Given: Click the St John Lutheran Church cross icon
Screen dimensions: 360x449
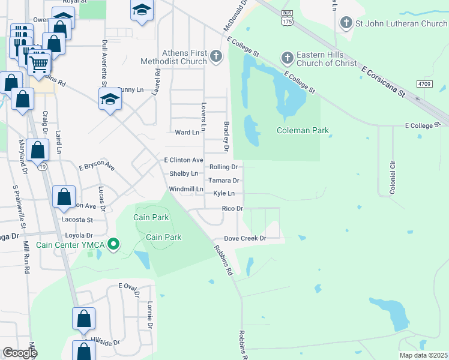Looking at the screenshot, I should point(346,23).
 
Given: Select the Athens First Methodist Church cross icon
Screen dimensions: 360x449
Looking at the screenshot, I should point(217,57).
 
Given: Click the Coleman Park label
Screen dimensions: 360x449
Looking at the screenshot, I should point(303,130).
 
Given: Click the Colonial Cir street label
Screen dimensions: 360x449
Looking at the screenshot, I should point(393,176).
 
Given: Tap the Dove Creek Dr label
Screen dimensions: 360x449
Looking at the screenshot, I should point(245,238).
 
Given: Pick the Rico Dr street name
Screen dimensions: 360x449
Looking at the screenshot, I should point(232,209).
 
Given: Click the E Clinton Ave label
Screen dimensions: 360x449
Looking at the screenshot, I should point(184,160).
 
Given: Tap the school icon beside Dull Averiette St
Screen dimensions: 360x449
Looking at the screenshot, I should point(110,100).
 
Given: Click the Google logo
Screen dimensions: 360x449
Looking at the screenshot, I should point(19,352).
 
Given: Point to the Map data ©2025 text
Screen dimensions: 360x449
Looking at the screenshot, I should point(423,355).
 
